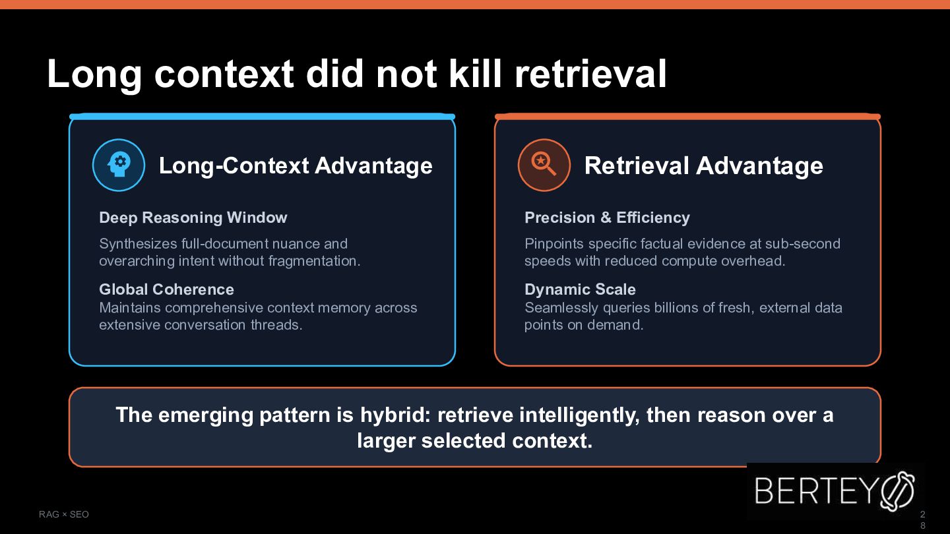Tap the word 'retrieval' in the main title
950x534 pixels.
590,74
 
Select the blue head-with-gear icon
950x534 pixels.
119,165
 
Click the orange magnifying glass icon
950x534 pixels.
544,165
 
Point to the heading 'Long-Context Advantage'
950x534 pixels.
296,165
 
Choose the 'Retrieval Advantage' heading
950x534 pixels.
703,165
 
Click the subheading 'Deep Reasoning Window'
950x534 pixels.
193,218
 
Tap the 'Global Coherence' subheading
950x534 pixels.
166,289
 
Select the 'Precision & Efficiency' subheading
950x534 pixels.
607,218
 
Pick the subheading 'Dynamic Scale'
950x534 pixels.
580,289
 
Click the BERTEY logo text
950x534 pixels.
815,490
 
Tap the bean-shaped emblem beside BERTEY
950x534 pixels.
897,491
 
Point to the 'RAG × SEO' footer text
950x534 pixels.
63,514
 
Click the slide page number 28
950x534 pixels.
922,520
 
